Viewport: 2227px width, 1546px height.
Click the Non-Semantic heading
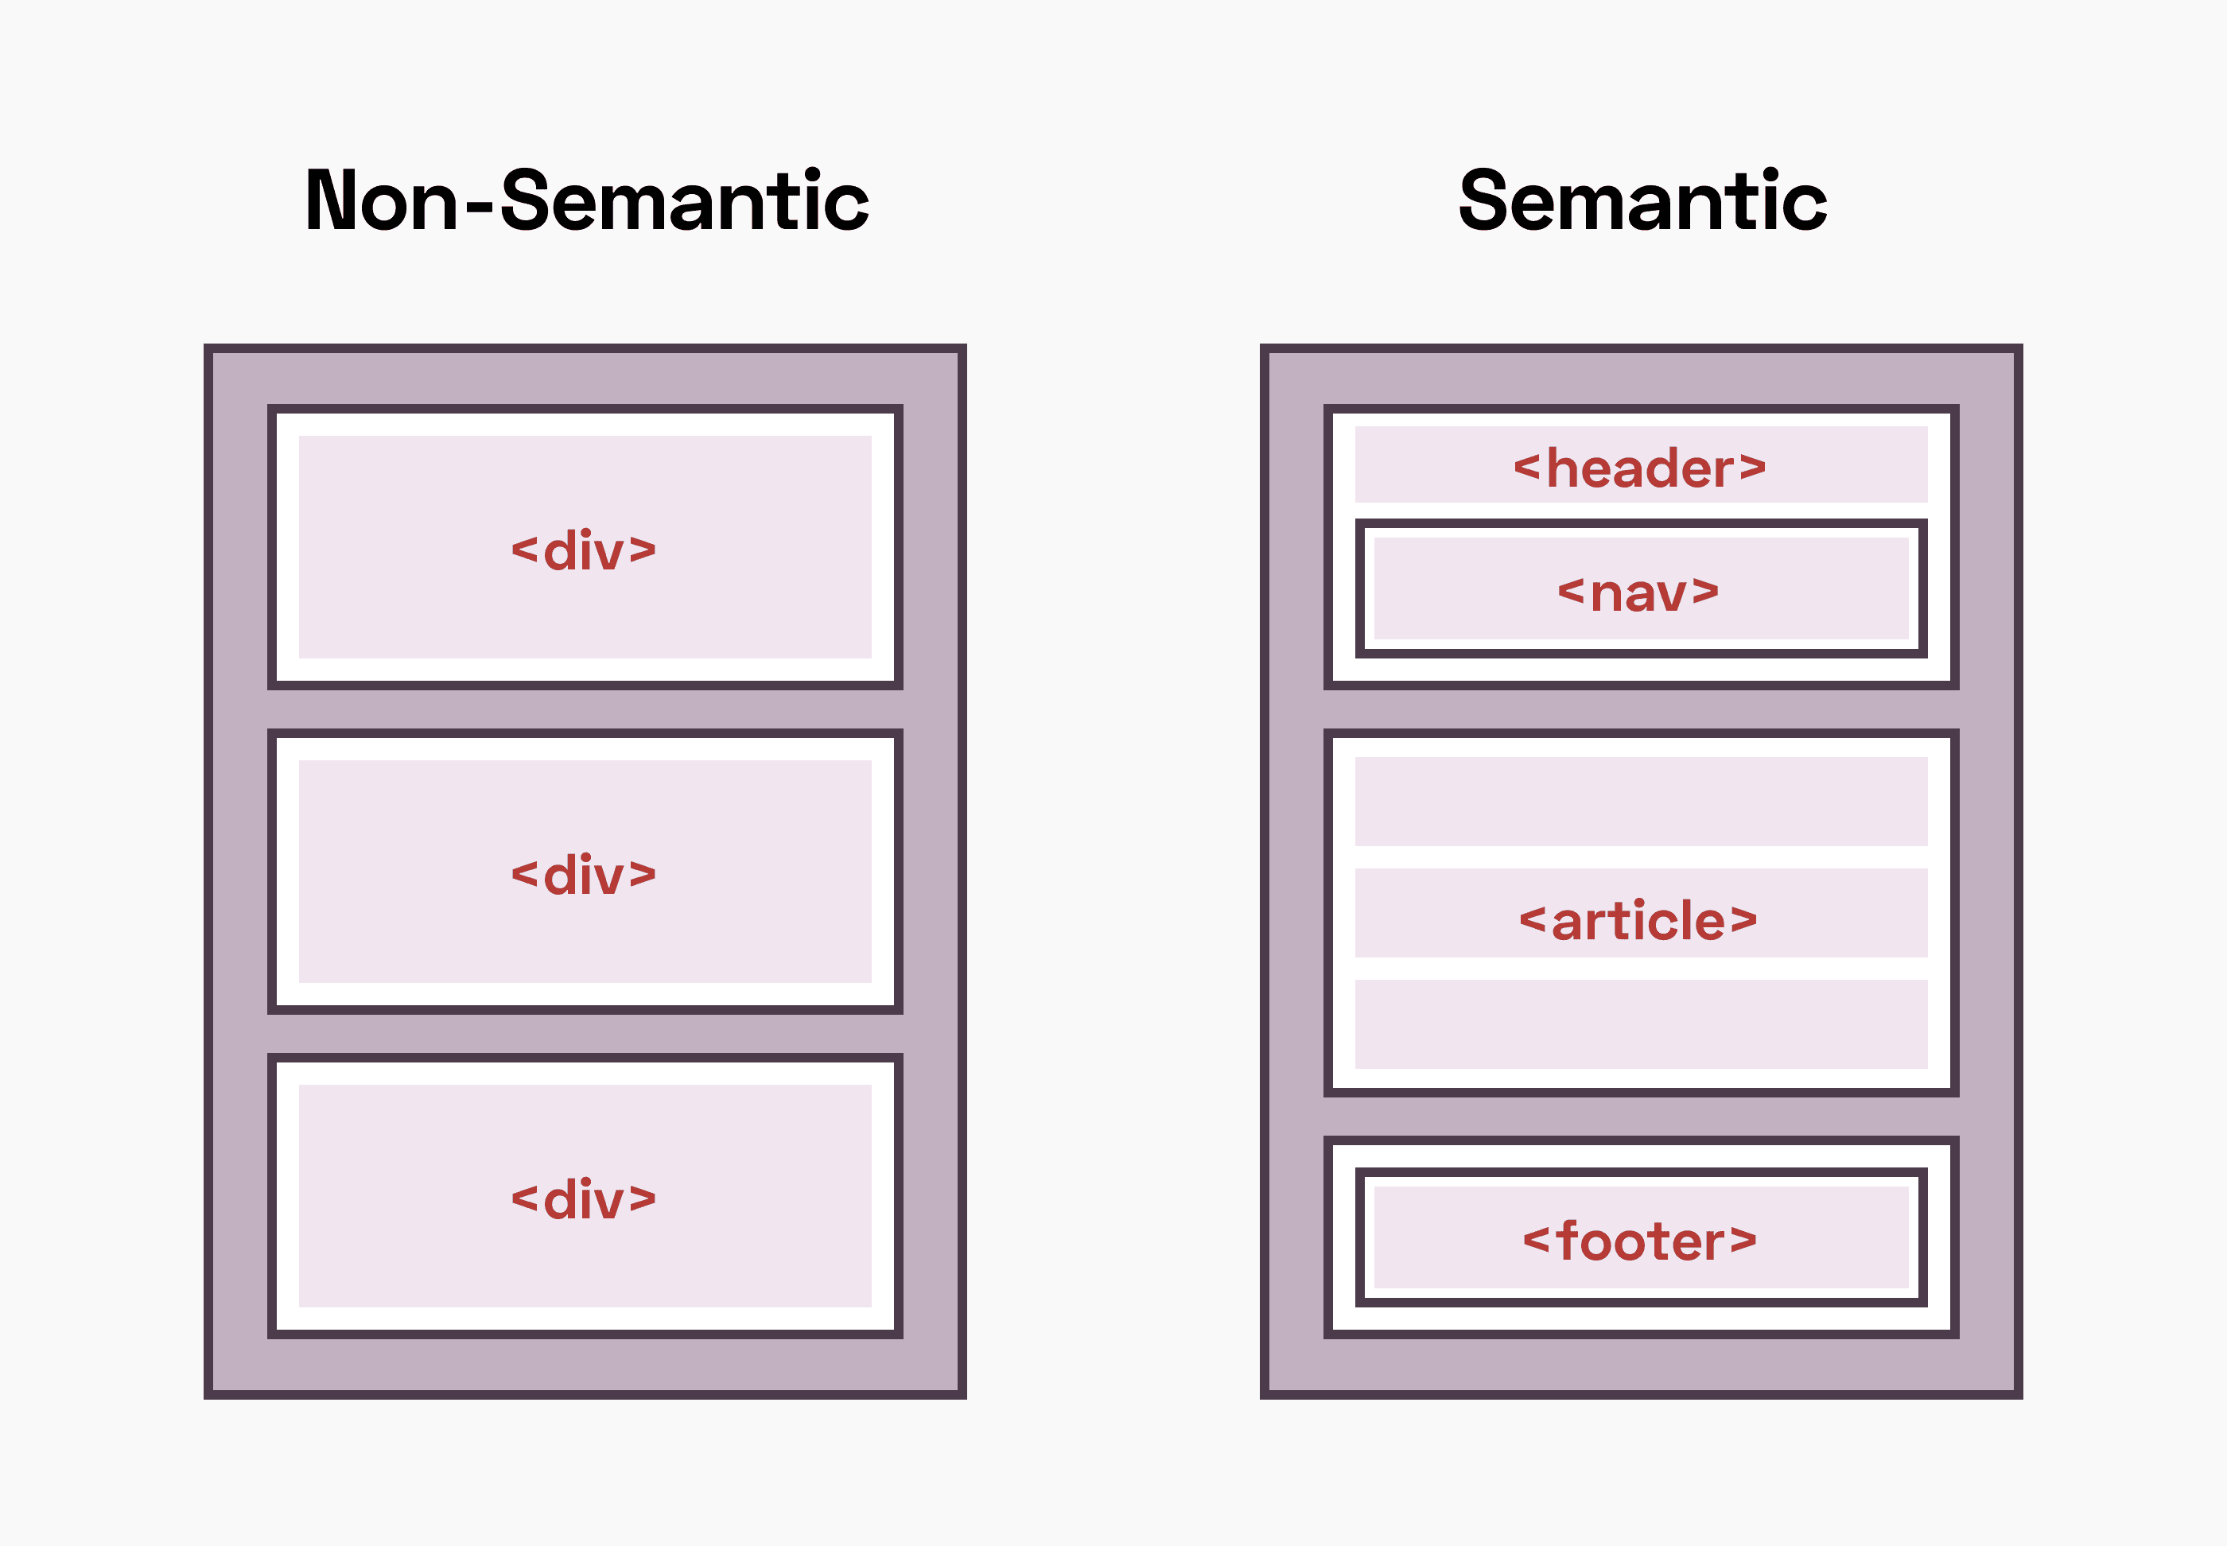(x=586, y=200)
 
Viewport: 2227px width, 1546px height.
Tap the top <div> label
(x=584, y=550)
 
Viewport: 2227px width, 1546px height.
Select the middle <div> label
(x=584, y=875)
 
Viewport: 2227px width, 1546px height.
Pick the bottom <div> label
(x=584, y=1199)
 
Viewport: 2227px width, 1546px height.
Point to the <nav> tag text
(x=1638, y=592)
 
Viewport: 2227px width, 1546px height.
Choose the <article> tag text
(x=1638, y=920)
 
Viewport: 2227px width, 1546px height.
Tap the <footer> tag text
(x=1640, y=1241)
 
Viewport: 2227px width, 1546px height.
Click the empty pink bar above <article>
(x=1640, y=801)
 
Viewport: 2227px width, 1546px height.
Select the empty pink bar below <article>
(x=1640, y=1024)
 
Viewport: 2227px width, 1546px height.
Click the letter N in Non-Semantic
(x=332, y=200)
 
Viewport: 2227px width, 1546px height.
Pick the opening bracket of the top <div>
(x=524, y=551)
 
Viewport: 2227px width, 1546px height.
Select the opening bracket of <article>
(x=1533, y=920)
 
